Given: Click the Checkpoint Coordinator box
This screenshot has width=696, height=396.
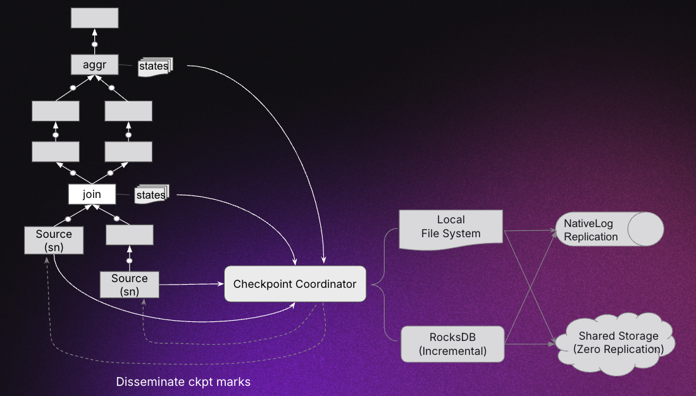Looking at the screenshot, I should (x=295, y=284).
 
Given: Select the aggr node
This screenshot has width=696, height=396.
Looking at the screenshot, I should (x=94, y=64).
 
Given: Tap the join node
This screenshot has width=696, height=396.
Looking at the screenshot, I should (x=92, y=194).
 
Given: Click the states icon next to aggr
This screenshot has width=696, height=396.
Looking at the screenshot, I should (x=154, y=66).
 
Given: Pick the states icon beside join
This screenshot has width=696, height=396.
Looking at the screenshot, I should (x=151, y=195).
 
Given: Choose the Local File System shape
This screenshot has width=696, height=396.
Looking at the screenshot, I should (x=451, y=227).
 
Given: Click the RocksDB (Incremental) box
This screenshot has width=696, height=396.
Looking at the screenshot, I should (x=453, y=344).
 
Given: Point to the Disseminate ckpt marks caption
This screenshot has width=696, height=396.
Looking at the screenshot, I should (x=183, y=382).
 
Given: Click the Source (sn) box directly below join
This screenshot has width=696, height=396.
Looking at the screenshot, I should (x=54, y=240).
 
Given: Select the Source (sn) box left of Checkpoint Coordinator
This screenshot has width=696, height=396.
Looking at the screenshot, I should (x=129, y=285).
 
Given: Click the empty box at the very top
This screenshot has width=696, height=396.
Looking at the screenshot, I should (x=94, y=18).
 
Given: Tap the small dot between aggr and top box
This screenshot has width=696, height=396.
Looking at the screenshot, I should (x=94, y=44).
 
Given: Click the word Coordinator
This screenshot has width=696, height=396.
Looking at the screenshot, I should (x=325, y=284).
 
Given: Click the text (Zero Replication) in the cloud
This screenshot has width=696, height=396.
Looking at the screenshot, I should (x=618, y=349).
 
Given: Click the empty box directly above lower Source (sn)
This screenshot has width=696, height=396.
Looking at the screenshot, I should (x=129, y=235).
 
